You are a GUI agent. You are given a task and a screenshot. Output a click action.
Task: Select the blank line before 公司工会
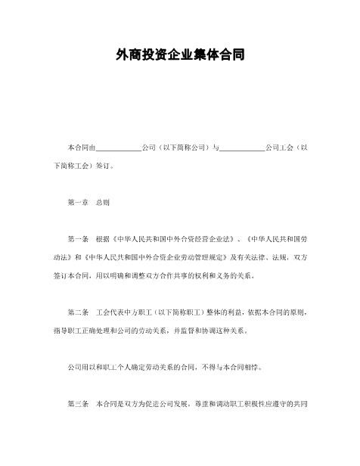241,148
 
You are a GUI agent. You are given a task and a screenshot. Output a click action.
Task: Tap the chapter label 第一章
79,203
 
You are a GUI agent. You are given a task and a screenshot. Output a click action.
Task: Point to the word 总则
104,203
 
